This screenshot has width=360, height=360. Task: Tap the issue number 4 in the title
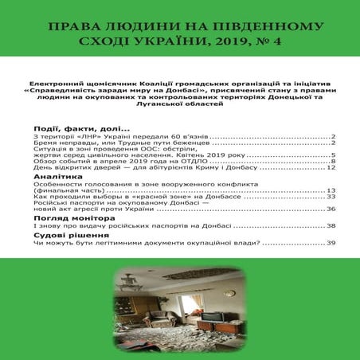[283, 41]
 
